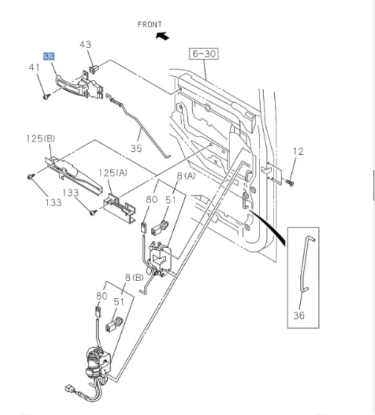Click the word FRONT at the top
tap(150, 24)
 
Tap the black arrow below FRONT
tap(163, 36)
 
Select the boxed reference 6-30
tap(203, 54)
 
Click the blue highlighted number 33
tap(49, 56)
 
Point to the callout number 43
tap(85, 45)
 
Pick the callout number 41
tap(34, 67)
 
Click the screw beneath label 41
tap(46, 97)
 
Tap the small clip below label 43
tap(95, 68)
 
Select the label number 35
tap(136, 148)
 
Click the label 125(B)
tap(40, 139)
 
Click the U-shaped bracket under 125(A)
tap(118, 206)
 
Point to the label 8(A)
tap(185, 176)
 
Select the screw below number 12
tap(290, 182)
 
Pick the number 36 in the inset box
tap(299, 315)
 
